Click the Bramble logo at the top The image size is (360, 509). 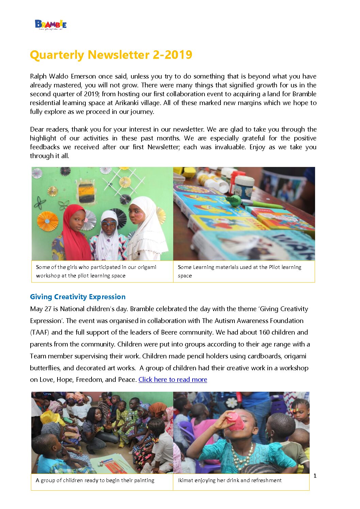coord(51,25)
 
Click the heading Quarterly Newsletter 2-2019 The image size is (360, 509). coord(111,55)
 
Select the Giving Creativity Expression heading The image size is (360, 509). coord(78,297)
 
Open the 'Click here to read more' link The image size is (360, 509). coord(173,379)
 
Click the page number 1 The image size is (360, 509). coord(315,476)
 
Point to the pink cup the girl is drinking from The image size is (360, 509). coord(235,421)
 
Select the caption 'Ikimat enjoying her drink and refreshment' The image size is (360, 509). coord(230,480)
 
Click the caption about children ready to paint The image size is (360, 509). coord(95,480)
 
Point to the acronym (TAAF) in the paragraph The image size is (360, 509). coord(40,332)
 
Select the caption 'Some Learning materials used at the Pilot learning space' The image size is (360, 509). coord(240,271)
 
